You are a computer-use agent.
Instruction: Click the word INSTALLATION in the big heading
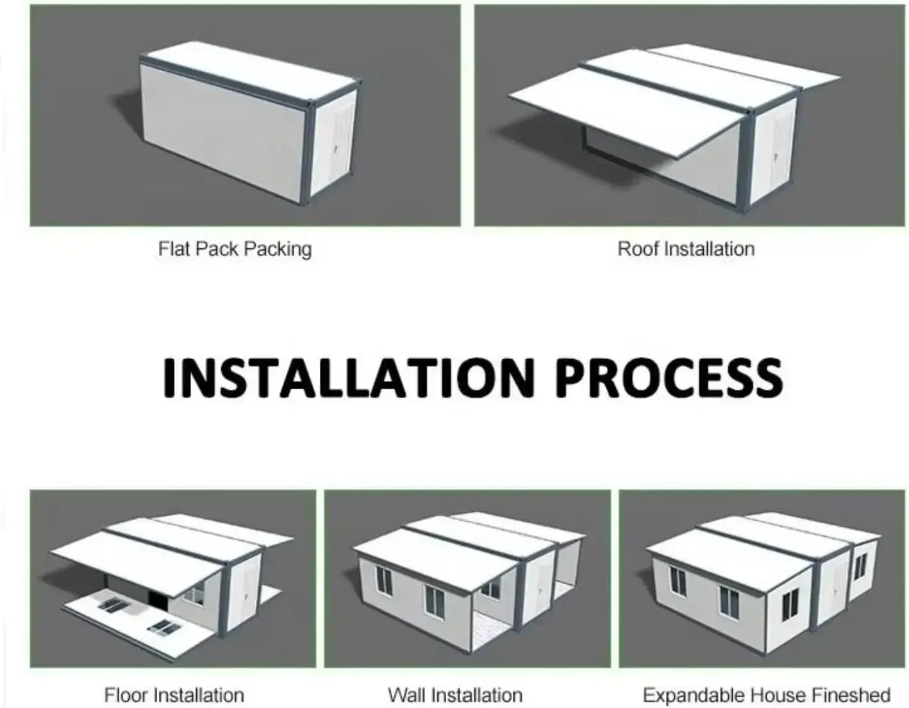(349, 378)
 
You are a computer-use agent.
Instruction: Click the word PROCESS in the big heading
(669, 378)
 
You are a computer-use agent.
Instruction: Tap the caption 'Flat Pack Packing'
(235, 249)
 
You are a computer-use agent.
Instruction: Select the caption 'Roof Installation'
(686, 249)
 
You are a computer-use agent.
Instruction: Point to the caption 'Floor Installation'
(174, 695)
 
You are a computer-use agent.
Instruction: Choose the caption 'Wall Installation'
(455, 695)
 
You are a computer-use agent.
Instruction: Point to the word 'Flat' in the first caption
(174, 249)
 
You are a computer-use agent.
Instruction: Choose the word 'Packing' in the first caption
(278, 250)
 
